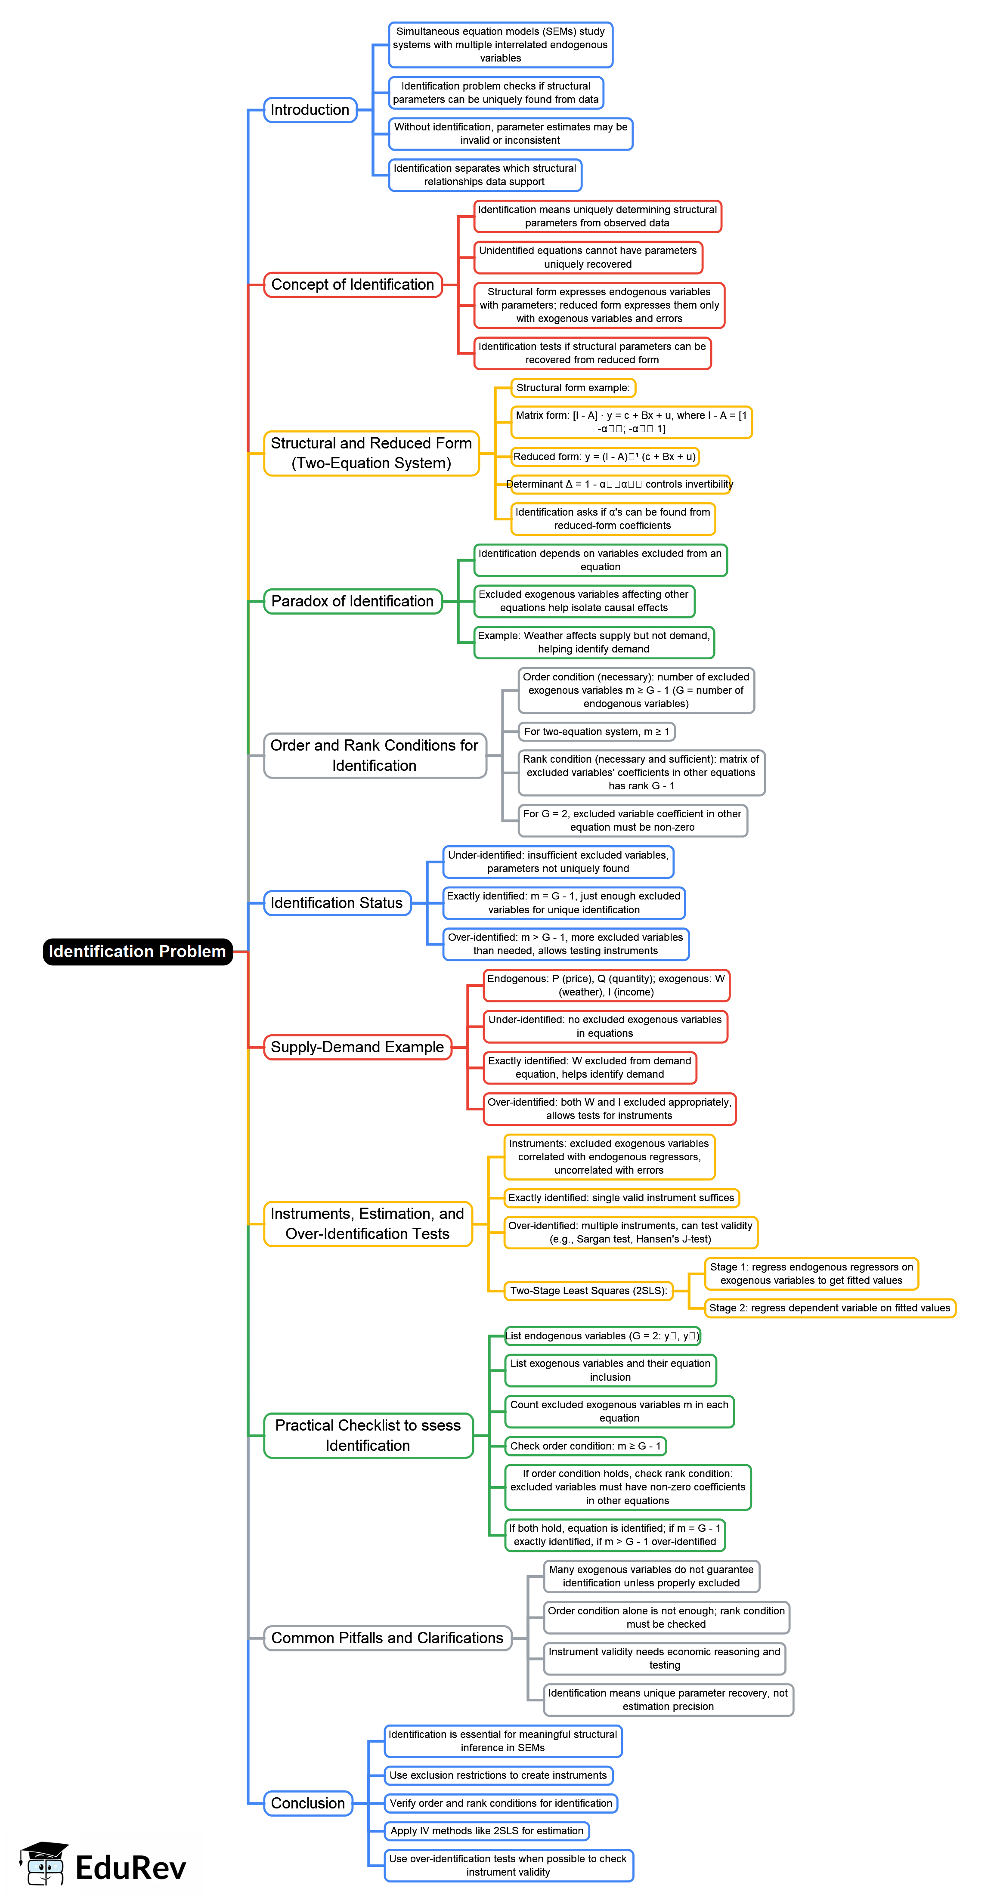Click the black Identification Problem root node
(137, 951)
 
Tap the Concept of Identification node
(353, 284)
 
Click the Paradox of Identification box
(353, 601)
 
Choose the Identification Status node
(337, 903)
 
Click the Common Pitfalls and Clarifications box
(387, 1637)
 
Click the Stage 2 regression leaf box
(829, 1307)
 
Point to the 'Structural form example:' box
(573, 387)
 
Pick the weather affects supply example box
(594, 642)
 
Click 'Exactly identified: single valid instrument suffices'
(621, 1197)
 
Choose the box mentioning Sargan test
(631, 1232)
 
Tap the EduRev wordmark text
(131, 1868)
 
